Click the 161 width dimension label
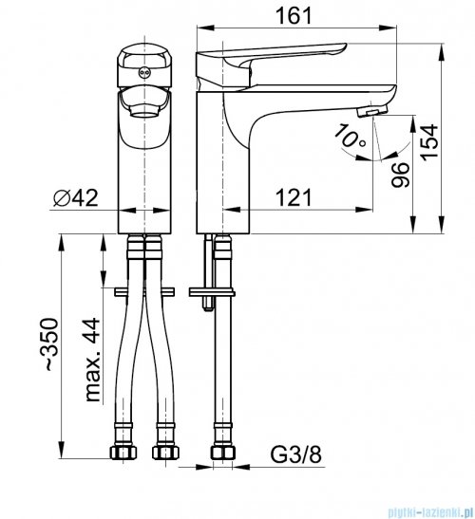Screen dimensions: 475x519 [294, 15]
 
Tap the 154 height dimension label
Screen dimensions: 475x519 [429, 142]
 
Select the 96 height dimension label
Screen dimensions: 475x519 [400, 175]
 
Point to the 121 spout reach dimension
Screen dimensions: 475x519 [294, 197]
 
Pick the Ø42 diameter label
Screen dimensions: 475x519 [76, 197]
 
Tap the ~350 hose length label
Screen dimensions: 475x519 [51, 343]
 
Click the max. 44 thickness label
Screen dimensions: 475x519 [92, 360]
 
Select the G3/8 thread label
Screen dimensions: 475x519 [296, 454]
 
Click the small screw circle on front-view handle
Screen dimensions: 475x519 [143, 72]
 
